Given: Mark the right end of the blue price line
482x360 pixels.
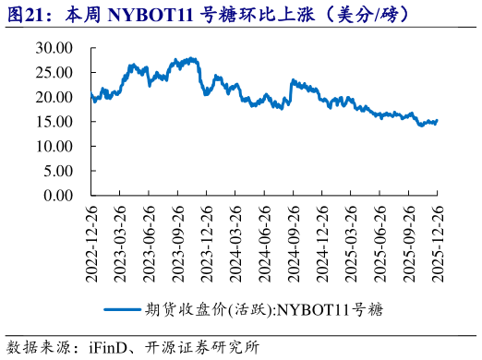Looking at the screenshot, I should [437, 121].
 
